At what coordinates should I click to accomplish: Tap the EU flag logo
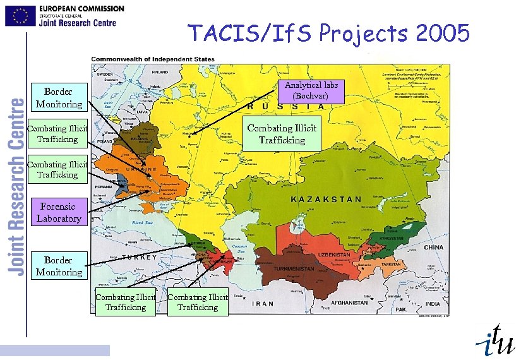[20, 16]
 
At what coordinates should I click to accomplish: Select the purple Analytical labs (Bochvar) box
[311, 91]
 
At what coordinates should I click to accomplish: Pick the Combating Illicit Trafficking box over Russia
[282, 134]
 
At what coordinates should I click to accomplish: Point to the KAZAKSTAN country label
[326, 199]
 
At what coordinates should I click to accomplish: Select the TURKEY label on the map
[139, 258]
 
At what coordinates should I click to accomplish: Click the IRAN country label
[263, 304]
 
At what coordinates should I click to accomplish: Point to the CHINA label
[433, 248]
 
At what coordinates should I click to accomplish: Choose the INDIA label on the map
[433, 304]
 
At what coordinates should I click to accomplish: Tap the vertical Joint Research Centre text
[16, 186]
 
